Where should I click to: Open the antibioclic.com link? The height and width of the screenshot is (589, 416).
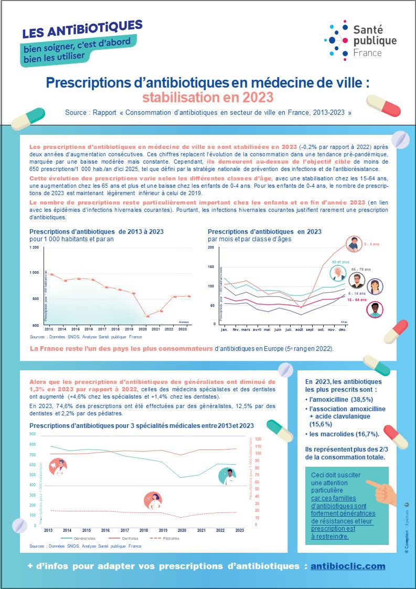348,566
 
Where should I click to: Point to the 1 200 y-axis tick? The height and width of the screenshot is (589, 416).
34,247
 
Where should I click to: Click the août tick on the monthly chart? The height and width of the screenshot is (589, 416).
300,330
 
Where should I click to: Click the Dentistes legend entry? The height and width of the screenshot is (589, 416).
129,538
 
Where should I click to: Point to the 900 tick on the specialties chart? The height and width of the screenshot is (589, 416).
33,434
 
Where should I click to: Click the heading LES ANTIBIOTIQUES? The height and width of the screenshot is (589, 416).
82,29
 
